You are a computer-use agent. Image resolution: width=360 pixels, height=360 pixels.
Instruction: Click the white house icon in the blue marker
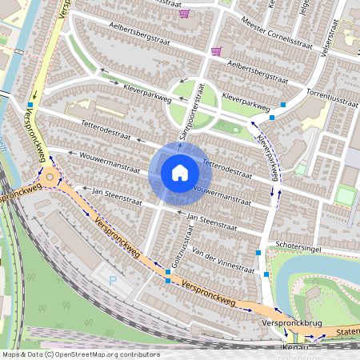(x=179, y=173)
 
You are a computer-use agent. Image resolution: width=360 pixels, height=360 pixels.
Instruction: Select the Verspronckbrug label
(x=290, y=322)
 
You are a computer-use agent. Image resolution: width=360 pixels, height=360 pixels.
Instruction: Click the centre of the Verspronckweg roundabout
(x=50, y=178)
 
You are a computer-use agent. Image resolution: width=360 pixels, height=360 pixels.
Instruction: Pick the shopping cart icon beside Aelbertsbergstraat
(x=215, y=51)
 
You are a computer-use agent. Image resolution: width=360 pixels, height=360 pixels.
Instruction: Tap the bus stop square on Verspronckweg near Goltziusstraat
(x=167, y=273)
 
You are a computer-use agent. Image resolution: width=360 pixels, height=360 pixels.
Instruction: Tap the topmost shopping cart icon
(x=185, y=13)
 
